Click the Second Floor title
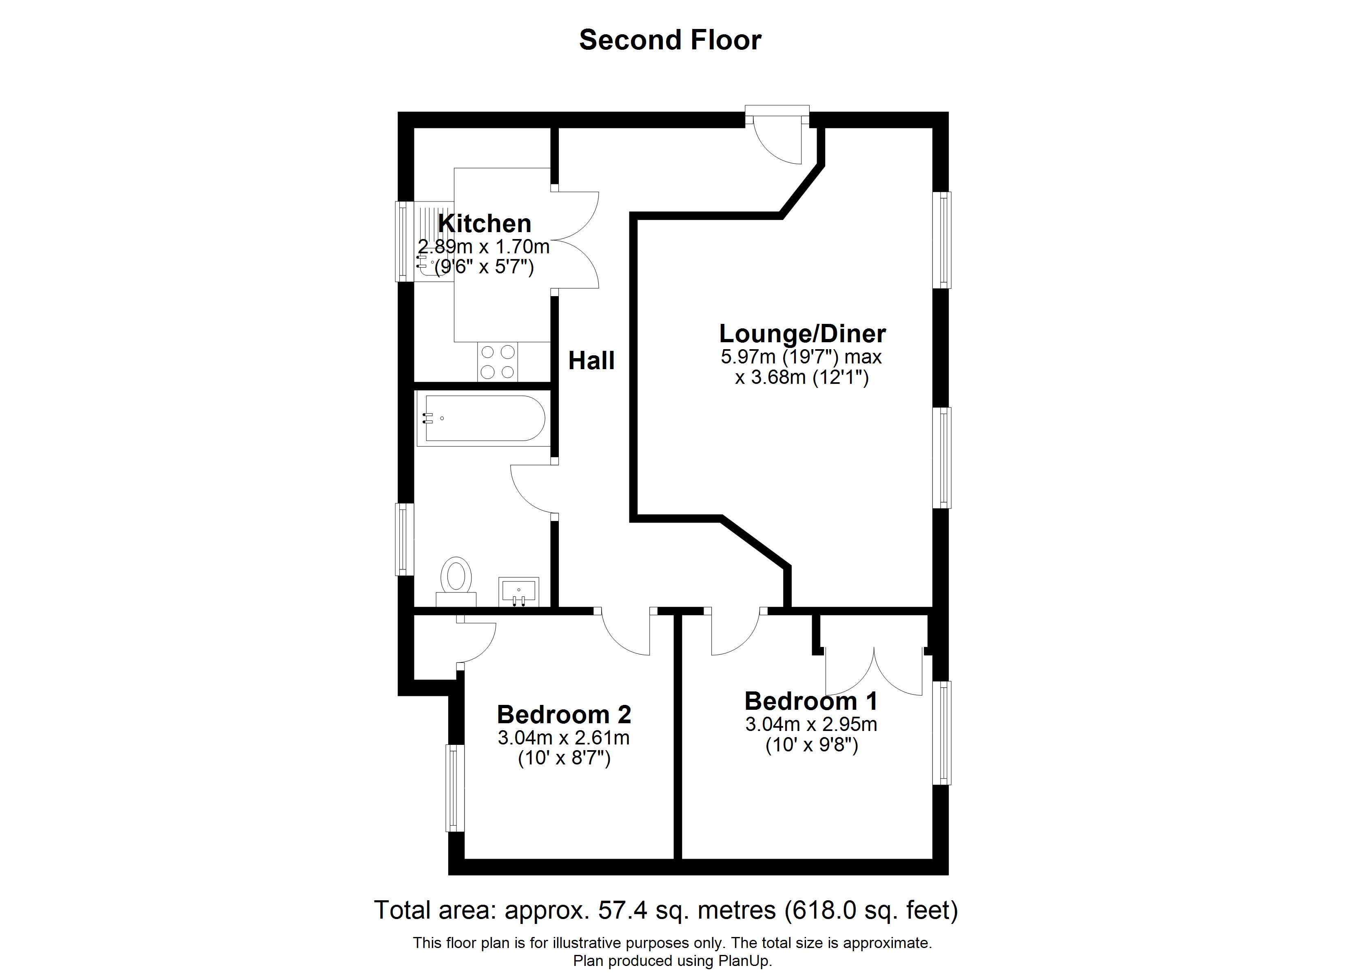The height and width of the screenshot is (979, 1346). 670,40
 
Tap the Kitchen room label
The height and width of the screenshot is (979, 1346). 485,224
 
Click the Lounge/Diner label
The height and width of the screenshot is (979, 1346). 802,334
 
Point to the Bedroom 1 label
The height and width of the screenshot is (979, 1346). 811,701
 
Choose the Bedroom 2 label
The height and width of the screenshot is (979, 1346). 564,715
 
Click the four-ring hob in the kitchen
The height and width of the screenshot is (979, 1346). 497,361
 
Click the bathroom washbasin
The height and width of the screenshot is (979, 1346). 519,592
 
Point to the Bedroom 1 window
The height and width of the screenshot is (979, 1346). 941,733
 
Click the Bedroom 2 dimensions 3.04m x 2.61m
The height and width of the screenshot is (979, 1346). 564,738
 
